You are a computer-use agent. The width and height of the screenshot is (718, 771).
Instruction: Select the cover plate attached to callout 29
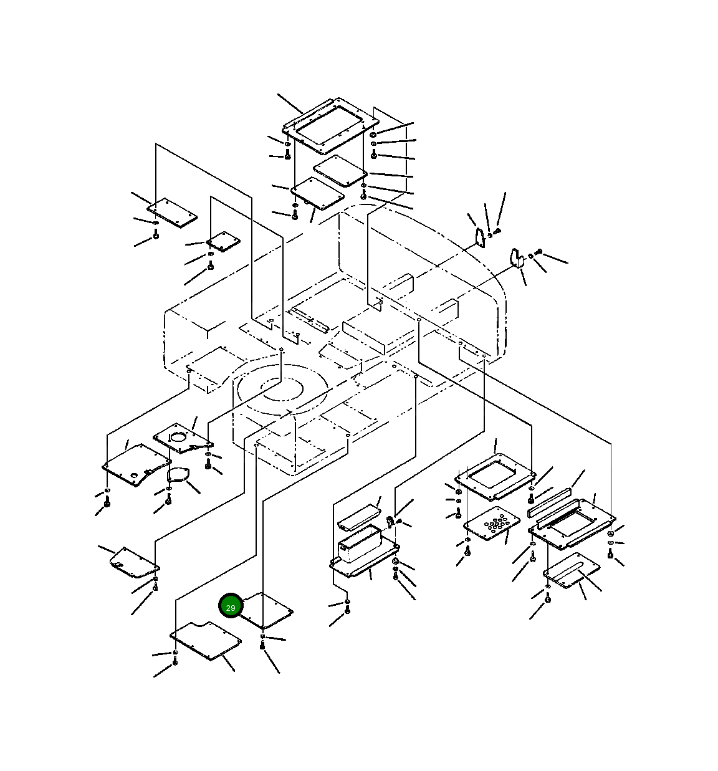point(266,611)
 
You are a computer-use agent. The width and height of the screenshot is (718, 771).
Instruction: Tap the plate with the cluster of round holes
point(491,524)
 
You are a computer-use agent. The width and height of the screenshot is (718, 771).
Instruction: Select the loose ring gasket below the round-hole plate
point(178,476)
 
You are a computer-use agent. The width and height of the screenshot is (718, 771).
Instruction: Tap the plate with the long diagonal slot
point(571,570)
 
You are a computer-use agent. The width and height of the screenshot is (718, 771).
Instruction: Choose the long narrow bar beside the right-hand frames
point(550,502)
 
